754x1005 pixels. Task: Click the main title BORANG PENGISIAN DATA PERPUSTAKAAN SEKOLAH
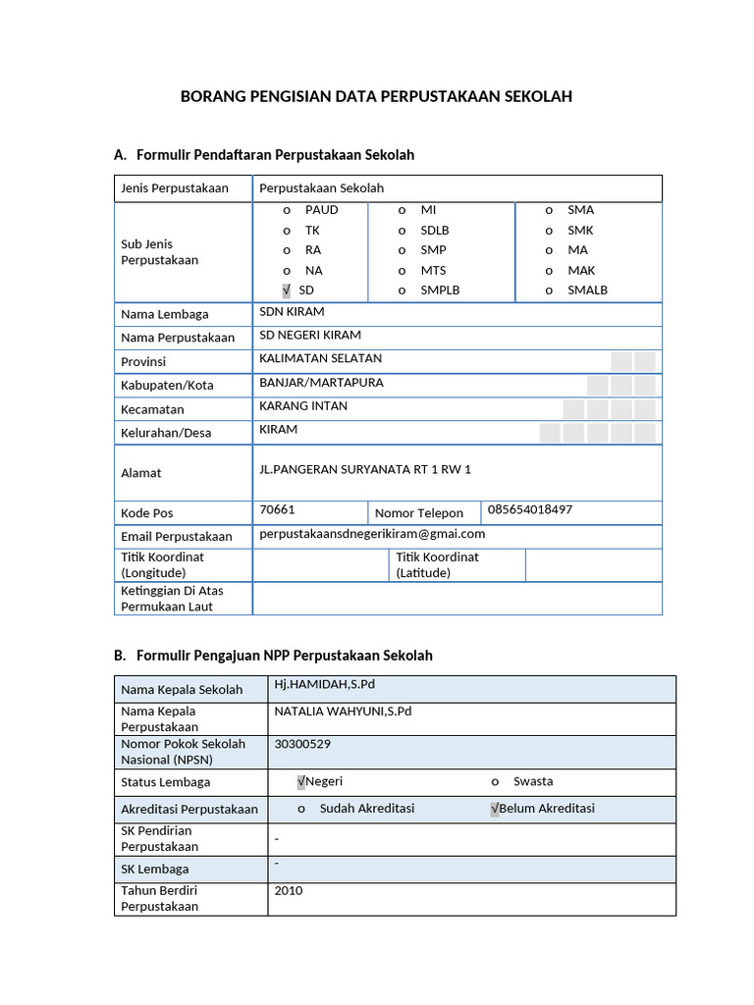point(376,96)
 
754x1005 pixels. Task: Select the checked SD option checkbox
point(286,291)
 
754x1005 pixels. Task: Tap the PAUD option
point(321,210)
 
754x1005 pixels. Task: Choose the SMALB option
point(587,291)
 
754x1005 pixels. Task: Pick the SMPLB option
point(440,291)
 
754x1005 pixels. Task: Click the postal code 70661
point(277,510)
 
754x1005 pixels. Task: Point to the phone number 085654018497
point(529,510)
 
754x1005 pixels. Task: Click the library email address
point(372,534)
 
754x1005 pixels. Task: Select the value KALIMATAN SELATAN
point(320,358)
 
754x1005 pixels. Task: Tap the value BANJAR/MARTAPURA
point(321,382)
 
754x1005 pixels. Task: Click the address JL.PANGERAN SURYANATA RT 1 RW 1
point(365,470)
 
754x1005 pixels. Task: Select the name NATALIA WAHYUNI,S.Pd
point(343,712)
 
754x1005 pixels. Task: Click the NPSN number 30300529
point(301,744)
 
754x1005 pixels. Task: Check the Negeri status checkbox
point(301,782)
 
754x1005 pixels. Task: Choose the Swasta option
point(532,782)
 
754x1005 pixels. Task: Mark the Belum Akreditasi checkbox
point(495,809)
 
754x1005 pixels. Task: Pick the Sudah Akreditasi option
point(367,809)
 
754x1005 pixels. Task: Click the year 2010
point(289,891)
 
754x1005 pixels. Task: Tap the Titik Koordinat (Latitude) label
point(438,564)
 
